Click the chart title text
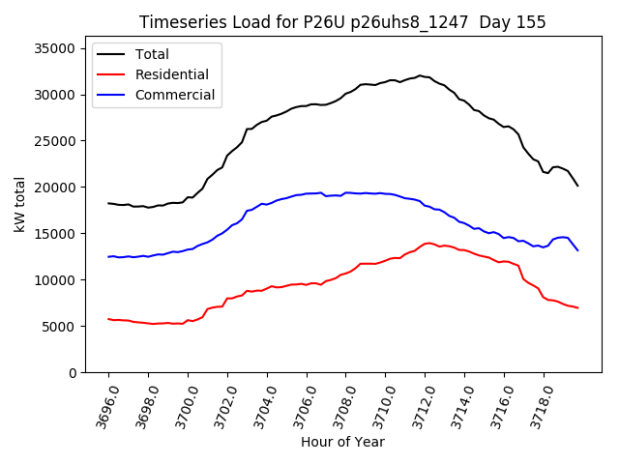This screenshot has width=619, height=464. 342,22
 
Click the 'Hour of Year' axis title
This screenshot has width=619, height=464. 342,443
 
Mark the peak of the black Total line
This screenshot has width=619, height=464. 420,75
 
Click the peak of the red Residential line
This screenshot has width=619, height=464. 427,243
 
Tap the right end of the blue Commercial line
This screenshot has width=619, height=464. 577,250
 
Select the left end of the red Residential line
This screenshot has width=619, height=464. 108,319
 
